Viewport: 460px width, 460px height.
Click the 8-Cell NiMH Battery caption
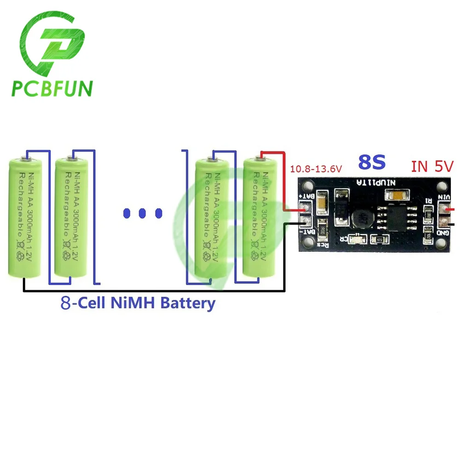coord(138,303)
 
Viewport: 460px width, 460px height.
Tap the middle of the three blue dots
coord(143,213)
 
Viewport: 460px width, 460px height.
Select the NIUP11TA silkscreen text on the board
coord(371,183)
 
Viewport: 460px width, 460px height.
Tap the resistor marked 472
coord(379,239)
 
